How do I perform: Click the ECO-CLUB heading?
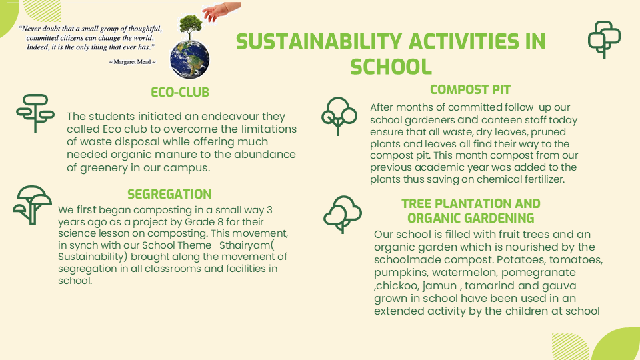[x=180, y=92]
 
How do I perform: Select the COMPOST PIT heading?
[x=470, y=89]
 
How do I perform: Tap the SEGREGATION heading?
[x=169, y=194]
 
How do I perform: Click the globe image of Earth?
[x=190, y=59]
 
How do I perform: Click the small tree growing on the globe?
[x=190, y=27]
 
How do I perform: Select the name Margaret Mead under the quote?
[x=132, y=62]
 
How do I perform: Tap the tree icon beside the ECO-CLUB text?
[x=35, y=113]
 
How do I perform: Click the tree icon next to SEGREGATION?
[x=32, y=205]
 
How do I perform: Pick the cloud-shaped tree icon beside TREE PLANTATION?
[x=343, y=214]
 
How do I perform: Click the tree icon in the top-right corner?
[x=604, y=39]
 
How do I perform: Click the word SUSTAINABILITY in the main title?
[x=319, y=41]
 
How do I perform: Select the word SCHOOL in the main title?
[x=391, y=67]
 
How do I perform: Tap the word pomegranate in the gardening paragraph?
[x=539, y=273]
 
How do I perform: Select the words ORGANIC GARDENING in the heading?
[x=471, y=219]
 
